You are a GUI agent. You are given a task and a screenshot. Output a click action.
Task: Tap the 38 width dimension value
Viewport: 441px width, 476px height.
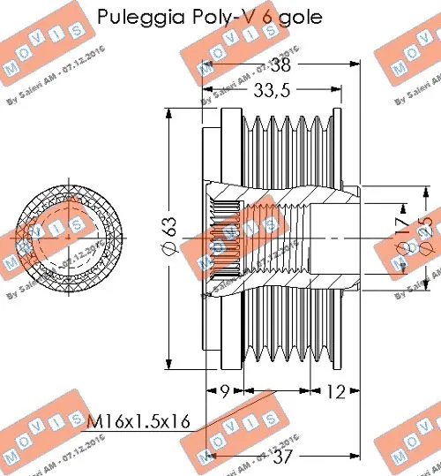[281, 65]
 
